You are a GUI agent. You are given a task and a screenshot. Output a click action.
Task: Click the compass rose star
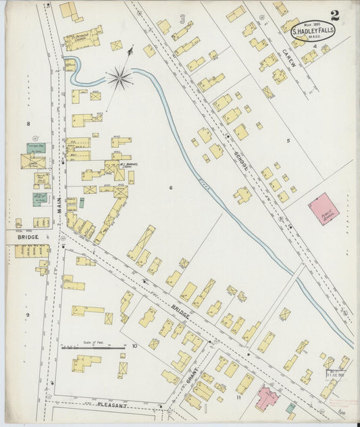119,78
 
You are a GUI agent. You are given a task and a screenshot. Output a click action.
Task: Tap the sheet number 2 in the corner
335,14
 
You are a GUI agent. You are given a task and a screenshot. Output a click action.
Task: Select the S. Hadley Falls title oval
312,30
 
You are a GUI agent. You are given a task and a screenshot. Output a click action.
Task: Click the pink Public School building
322,209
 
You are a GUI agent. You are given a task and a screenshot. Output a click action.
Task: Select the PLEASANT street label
112,405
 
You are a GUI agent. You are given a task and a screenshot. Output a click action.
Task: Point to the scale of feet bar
93,348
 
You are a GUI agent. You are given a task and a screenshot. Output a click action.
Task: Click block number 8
28,124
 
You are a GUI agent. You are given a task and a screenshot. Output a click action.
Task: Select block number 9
28,315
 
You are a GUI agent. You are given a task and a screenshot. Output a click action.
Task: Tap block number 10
134,346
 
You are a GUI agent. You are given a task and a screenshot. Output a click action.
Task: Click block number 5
287,141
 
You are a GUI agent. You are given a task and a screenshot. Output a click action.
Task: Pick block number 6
171,187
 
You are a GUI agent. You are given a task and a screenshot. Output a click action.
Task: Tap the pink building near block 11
265,398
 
